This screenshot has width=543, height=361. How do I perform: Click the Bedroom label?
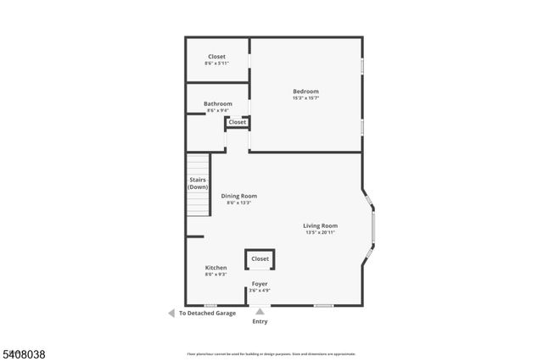[x=305, y=92]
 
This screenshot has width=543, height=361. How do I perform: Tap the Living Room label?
[x=321, y=225]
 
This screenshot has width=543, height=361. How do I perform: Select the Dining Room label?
[x=238, y=196]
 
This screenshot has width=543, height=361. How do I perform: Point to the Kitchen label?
[x=216, y=268]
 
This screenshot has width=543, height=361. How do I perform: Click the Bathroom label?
[x=217, y=104]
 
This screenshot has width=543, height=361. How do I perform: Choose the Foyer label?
[x=260, y=284]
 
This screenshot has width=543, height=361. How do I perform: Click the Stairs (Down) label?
[x=198, y=183]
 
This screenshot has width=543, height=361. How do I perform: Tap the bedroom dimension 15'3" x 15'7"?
[x=305, y=97]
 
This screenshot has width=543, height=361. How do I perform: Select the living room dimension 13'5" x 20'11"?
[x=321, y=232]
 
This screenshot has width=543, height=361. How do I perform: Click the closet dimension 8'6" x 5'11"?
[x=217, y=64]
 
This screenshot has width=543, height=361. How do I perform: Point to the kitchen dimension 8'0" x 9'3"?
[x=216, y=275]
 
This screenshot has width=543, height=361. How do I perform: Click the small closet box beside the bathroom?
[x=238, y=122]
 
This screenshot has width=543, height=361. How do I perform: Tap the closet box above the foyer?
[x=260, y=259]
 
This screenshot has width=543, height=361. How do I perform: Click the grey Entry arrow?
[x=260, y=312]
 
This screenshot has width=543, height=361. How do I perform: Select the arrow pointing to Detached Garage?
[x=171, y=313]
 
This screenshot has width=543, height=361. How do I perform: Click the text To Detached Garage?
[x=207, y=313]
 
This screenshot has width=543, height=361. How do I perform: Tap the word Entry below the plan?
[x=260, y=322]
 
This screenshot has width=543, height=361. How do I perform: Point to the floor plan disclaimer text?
[x=271, y=354]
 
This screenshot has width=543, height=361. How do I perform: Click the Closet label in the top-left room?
[x=217, y=57]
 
